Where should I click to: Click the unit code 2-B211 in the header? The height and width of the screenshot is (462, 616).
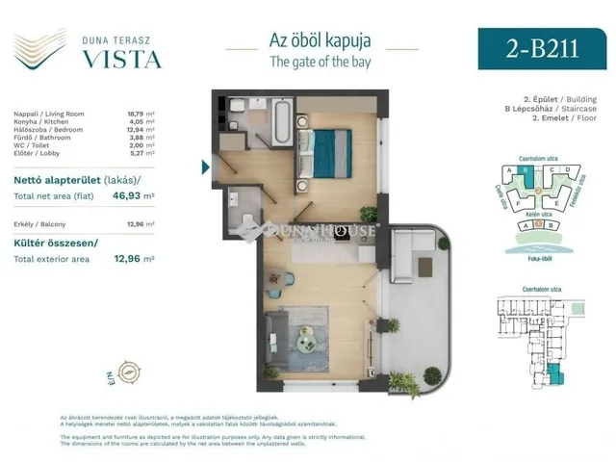[x=541, y=49]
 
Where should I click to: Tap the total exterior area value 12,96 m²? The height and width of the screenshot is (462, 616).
[x=135, y=258]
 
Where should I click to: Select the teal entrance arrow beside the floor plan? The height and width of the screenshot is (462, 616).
[x=204, y=166]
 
